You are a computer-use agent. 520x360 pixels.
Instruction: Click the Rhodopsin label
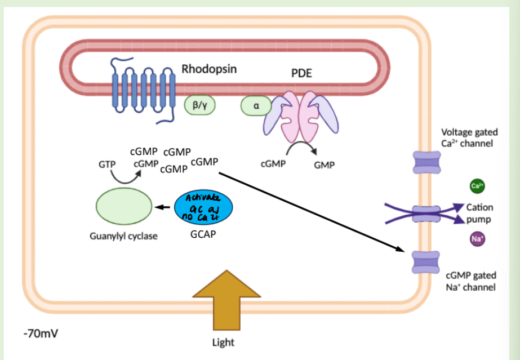coord(208,69)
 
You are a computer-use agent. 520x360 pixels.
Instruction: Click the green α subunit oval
coord(256,105)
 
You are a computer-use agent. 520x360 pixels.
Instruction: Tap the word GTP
coord(106,165)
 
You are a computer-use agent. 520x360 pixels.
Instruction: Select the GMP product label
coord(324,165)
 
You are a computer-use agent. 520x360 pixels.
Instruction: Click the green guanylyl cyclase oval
coord(123,206)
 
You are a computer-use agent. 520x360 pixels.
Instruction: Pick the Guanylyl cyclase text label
coord(123,236)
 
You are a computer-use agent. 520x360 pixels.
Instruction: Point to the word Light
coord(223,342)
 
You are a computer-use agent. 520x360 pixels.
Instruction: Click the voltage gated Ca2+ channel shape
coord(429,162)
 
